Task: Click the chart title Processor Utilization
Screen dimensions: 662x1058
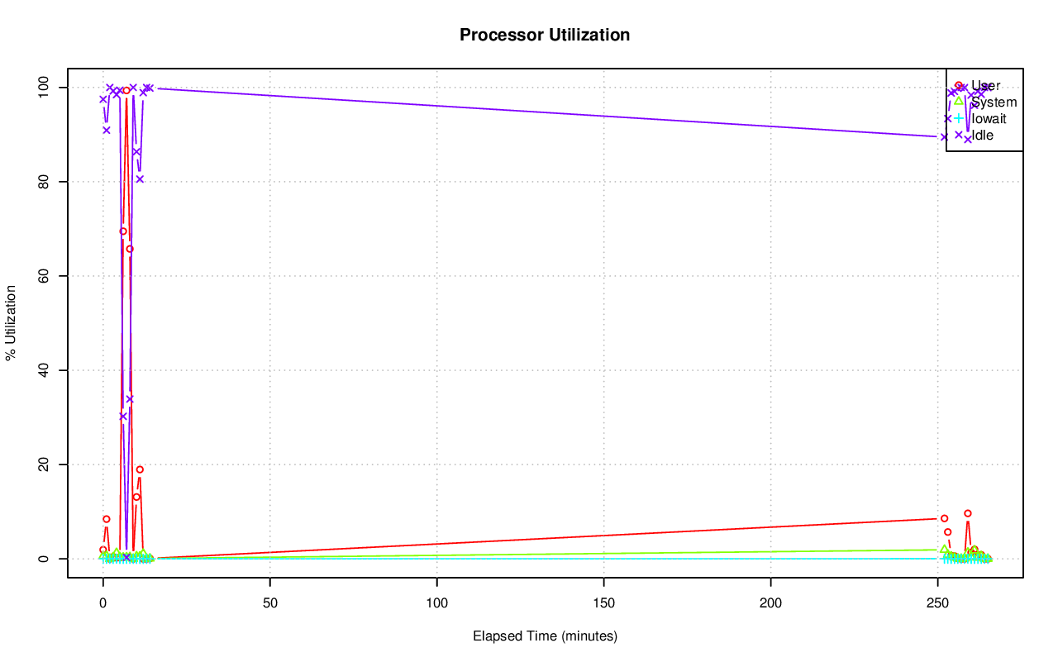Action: [x=545, y=36]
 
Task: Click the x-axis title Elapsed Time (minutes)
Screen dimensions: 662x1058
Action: [x=545, y=636]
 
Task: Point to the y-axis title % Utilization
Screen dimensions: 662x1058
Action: [x=11, y=323]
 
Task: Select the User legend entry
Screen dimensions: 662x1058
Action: [x=985, y=85]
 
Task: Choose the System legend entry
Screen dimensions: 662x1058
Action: [x=994, y=102]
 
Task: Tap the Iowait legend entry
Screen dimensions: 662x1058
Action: [x=989, y=118]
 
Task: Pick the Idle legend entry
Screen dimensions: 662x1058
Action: [x=982, y=135]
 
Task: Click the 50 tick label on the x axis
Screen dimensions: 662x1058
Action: [x=270, y=602]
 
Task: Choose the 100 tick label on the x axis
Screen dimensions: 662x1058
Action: [x=437, y=602]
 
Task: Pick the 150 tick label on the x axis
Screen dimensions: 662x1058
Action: [x=604, y=602]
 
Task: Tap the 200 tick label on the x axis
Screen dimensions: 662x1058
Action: [x=771, y=602]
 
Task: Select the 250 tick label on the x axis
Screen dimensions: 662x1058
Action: [x=938, y=602]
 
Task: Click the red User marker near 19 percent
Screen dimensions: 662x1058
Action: [x=140, y=469]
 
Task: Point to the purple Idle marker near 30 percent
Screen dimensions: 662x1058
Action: [x=123, y=416]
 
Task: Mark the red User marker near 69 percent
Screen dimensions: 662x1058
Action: [x=123, y=231]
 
